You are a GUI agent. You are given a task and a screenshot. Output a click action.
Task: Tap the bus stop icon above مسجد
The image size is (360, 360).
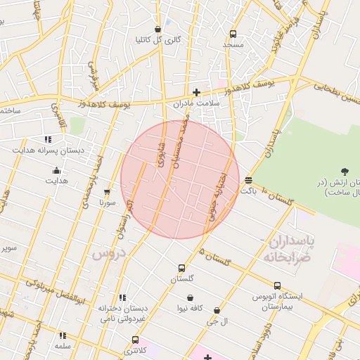click(233, 34)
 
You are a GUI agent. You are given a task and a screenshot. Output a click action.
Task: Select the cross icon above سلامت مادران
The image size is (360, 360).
click(196, 92)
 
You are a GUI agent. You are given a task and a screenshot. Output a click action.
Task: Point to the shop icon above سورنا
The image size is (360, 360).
click(107, 191)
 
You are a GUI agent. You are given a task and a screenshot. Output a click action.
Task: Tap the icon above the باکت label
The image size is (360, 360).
click(248, 180)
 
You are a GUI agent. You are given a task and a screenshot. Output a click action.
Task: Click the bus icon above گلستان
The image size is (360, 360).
click(181, 268)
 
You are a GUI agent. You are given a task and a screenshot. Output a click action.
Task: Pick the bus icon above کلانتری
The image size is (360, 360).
click(135, 340)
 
